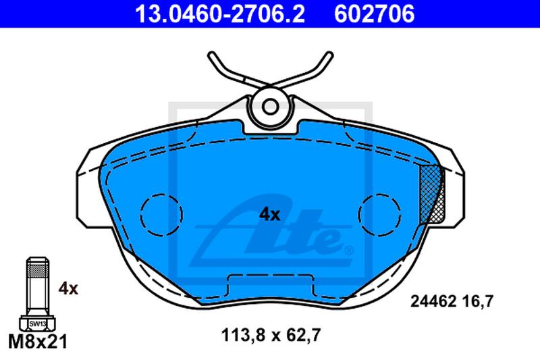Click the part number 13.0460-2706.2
coord(220,14)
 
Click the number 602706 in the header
coord(375,14)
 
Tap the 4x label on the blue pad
coord(269,215)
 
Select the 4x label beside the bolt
coord(68,288)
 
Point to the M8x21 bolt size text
coord(38,342)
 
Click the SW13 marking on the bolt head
coord(37,324)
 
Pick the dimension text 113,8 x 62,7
coord(271,335)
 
